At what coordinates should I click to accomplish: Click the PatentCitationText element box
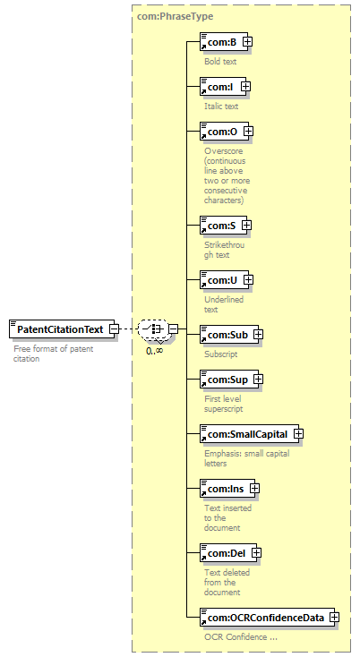tap(62, 329)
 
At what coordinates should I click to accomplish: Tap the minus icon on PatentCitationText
tap(114, 329)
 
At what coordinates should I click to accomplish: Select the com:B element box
tap(224, 42)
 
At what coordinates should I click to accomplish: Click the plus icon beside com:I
tap(245, 87)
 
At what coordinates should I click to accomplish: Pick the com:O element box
tap(224, 132)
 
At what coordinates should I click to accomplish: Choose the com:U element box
tap(224, 280)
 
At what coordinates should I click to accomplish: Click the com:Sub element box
tap(229, 335)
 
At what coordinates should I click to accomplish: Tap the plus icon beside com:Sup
tap(258, 380)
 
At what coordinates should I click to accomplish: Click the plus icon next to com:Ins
tap(255, 489)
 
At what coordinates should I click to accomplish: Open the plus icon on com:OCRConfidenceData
tap(334, 618)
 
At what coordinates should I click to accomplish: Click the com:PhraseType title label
tap(176, 16)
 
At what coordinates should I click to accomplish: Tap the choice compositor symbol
tap(153, 328)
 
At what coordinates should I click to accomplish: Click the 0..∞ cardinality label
tap(155, 351)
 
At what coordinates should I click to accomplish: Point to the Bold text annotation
tap(220, 61)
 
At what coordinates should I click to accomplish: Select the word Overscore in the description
tap(223, 151)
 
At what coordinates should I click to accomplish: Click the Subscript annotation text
tap(221, 354)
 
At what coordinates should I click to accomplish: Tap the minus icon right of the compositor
tap(173, 329)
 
